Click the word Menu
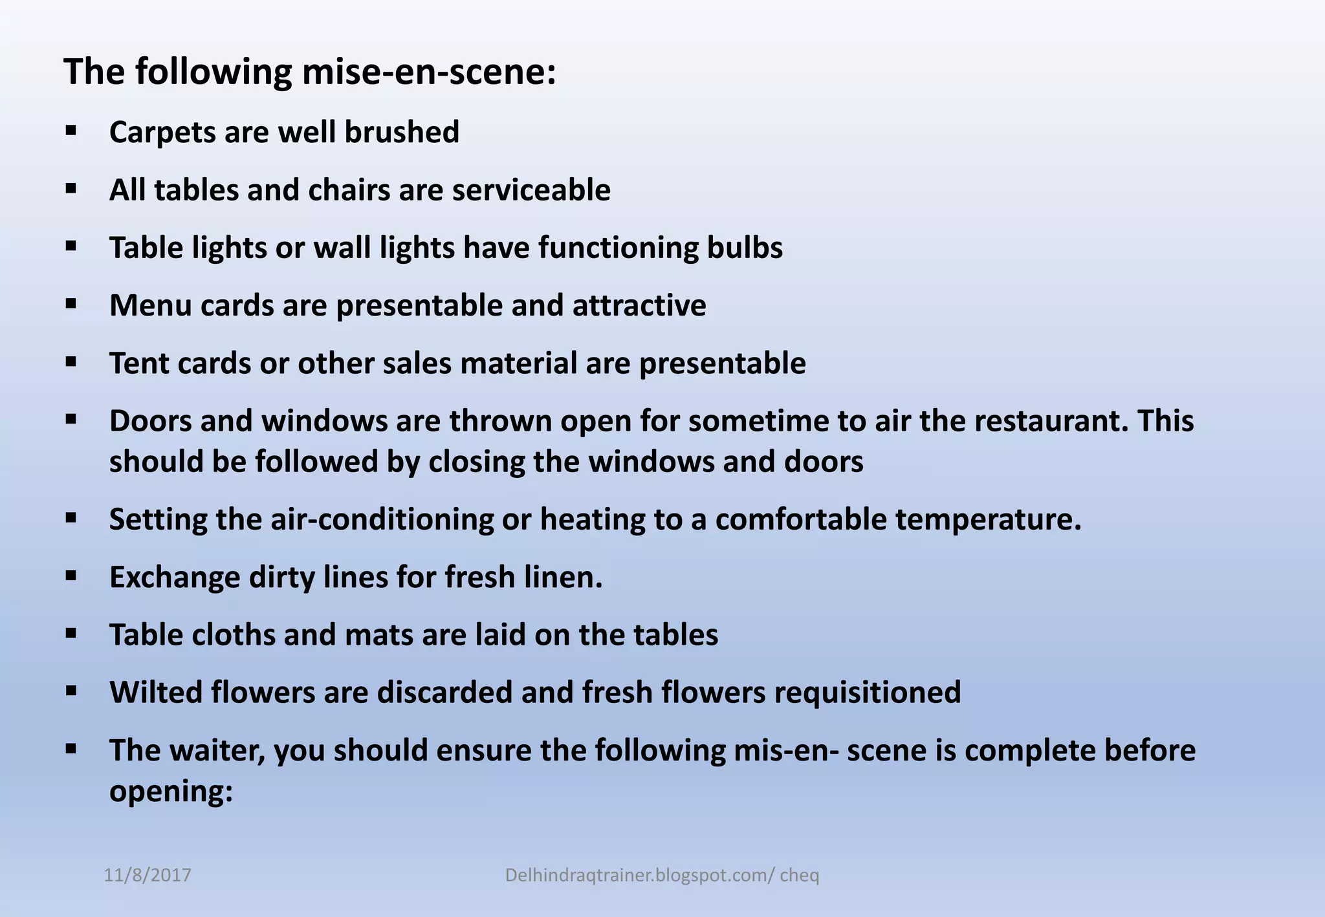(150, 305)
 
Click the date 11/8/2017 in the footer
(148, 875)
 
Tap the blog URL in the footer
(662, 875)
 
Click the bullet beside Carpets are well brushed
(71, 131)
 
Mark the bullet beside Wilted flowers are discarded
(71, 691)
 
